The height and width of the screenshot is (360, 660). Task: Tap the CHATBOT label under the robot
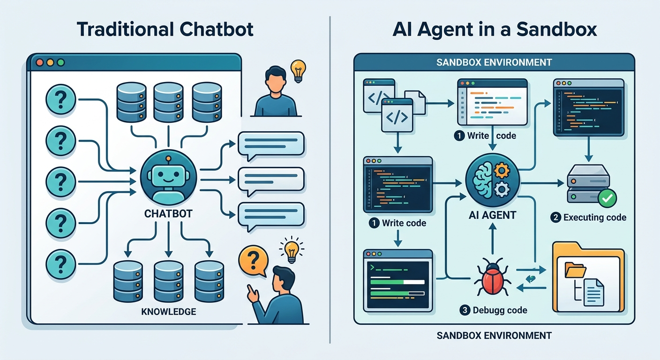coord(169,214)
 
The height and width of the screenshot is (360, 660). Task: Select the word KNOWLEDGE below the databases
coord(169,311)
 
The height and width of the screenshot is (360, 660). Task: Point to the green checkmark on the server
coord(607,198)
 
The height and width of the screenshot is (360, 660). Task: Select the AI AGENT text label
coord(492,216)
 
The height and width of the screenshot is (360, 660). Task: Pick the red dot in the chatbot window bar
coord(39,62)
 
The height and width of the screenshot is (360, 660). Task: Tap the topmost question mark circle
coord(61,99)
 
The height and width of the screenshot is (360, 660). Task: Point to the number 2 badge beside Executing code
coord(555,217)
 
